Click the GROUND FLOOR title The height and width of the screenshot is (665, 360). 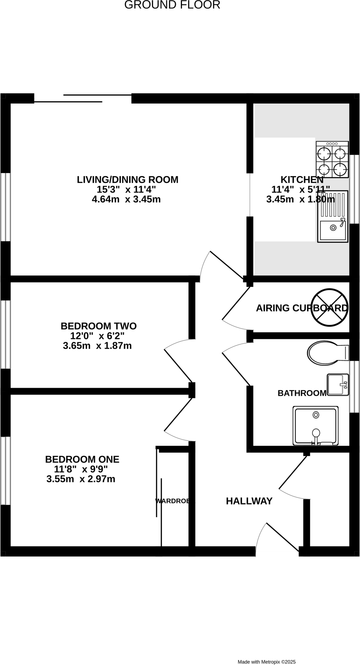point(172,5)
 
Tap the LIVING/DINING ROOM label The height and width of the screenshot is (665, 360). point(127,180)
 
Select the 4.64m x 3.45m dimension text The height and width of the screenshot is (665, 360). point(126,199)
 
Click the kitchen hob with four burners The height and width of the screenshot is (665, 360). point(332,159)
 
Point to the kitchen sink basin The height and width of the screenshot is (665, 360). point(333,230)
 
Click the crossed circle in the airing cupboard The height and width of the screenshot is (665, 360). point(329,307)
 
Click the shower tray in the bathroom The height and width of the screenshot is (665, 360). point(315,425)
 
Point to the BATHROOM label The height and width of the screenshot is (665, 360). point(302,393)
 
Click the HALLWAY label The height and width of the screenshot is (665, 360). point(249,501)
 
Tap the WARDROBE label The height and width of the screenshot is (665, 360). point(173,501)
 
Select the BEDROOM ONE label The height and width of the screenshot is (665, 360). point(82,459)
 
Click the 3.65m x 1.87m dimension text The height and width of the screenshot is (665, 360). point(97,345)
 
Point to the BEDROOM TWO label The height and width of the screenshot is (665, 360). point(98,326)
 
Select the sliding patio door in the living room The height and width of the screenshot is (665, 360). point(83,98)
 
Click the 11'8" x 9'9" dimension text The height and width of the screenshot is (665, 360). point(81,469)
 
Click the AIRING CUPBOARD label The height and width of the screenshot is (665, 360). point(302,308)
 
